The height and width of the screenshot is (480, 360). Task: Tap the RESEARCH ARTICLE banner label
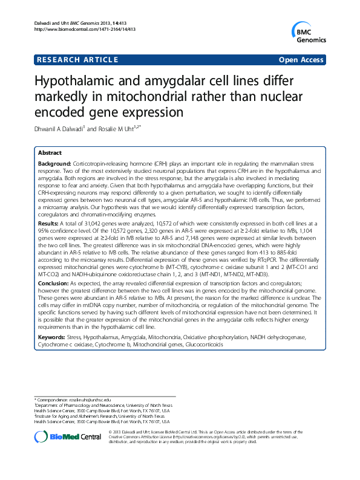(x=72, y=60)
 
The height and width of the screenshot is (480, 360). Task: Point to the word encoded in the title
(x=58, y=112)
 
